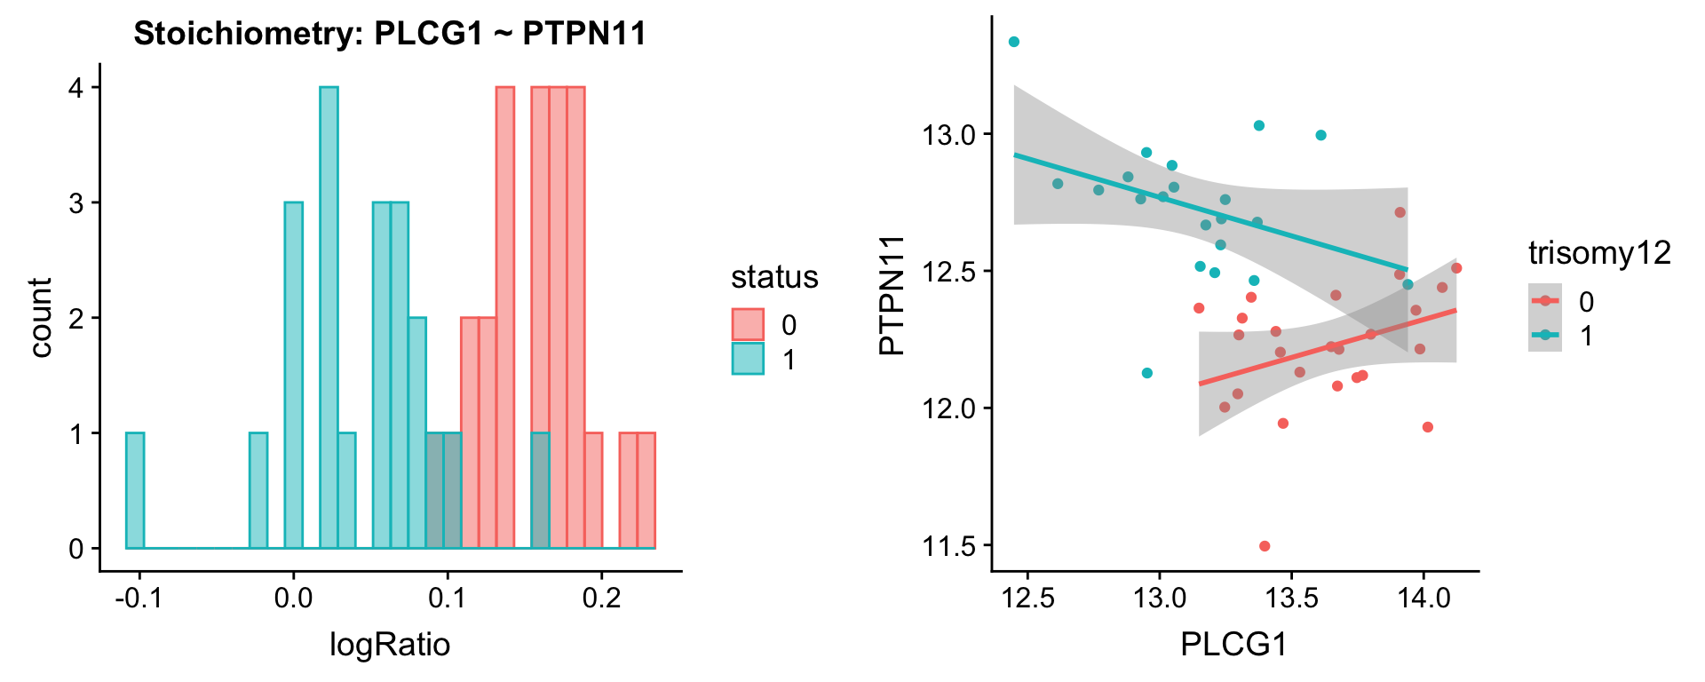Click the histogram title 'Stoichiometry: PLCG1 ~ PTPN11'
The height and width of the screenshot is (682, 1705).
tap(390, 34)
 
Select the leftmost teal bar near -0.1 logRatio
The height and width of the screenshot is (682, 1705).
tap(135, 490)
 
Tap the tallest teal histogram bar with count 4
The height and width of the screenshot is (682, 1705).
tap(329, 317)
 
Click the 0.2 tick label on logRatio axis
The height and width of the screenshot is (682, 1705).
tap(601, 598)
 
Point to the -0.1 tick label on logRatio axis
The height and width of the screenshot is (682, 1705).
tap(139, 598)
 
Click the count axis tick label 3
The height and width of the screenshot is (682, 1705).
tap(76, 203)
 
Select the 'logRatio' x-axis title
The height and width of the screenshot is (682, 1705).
tap(390, 645)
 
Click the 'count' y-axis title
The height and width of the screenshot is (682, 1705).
tap(41, 317)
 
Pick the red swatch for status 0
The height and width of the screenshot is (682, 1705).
tap(748, 325)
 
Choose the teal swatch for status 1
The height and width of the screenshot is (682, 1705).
tap(748, 359)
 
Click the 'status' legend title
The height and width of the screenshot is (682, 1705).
tap(774, 277)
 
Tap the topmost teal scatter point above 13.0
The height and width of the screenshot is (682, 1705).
tap(1014, 42)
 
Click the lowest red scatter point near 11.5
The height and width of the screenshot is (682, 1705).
tap(1265, 546)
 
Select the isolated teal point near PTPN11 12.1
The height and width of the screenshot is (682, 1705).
tap(1147, 373)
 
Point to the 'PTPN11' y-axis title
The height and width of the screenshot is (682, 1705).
tap(892, 295)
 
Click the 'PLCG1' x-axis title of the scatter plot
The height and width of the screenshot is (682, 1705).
tap(1233, 645)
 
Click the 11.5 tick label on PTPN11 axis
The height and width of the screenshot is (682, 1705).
tap(948, 546)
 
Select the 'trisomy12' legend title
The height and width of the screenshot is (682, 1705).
tap(1599, 253)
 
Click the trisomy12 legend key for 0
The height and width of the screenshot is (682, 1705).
tap(1545, 301)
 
